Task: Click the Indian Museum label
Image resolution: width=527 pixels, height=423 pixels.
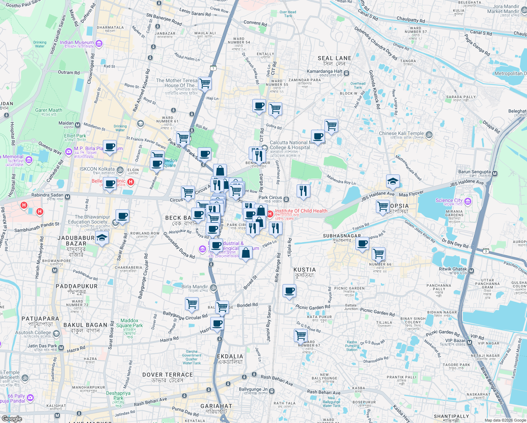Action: coord(77,42)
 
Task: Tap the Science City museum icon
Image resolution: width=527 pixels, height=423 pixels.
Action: coord(468,201)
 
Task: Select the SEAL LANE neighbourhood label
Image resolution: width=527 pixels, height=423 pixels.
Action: coord(334,58)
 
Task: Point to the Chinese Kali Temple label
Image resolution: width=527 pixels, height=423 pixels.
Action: coord(401,133)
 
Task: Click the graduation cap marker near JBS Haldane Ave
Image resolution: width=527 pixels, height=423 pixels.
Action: coord(393,182)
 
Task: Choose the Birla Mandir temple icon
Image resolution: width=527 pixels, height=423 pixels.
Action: coord(213,288)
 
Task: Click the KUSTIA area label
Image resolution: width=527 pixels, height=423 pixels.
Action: coord(305,270)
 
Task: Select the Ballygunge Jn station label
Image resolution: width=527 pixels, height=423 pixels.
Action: coord(253,390)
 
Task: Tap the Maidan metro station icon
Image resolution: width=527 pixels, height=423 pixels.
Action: coord(77,125)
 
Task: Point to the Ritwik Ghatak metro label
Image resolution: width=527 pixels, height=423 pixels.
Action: coord(453,269)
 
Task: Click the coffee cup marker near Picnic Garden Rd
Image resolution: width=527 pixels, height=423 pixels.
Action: coord(289,291)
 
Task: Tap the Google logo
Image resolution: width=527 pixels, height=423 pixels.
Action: coord(12,419)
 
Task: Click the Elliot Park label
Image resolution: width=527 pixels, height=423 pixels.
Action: coord(75,136)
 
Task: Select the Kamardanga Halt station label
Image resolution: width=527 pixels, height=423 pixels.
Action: coord(324,71)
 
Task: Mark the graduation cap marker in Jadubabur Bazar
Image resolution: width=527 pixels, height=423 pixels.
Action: coord(102,238)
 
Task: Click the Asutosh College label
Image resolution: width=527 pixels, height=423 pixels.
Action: coord(33,332)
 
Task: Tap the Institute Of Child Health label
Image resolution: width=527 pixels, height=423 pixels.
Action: coord(301,211)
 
